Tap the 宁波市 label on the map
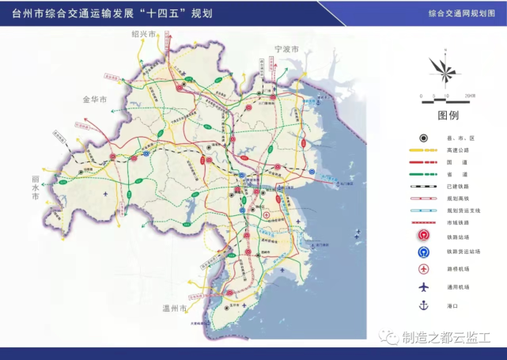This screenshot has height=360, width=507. pyautogui.click(x=286, y=49)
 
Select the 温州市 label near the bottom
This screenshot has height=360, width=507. pyautogui.click(x=173, y=308)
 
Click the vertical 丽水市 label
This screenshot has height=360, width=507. pyautogui.click(x=35, y=188)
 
